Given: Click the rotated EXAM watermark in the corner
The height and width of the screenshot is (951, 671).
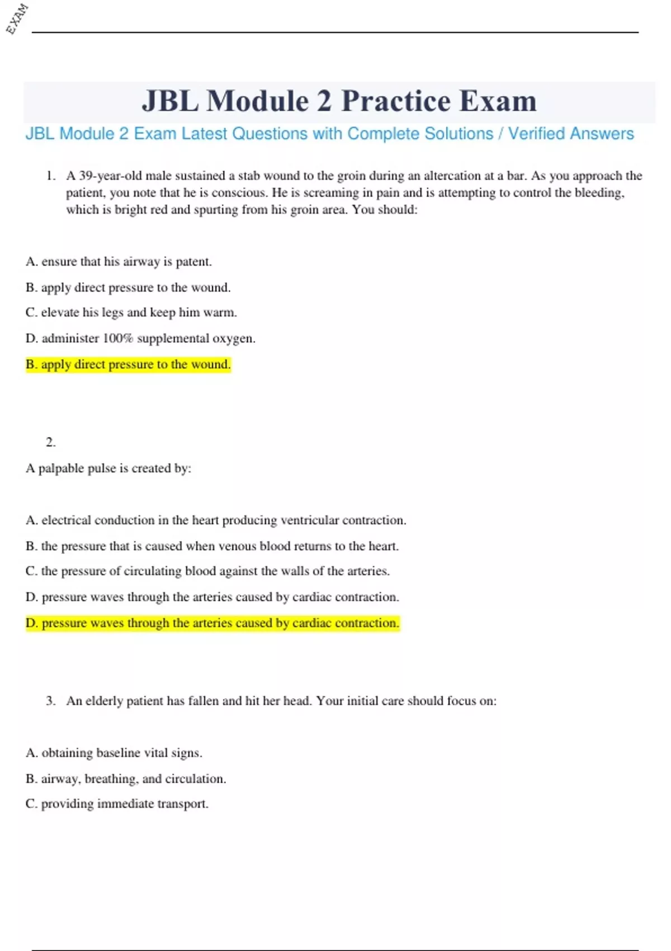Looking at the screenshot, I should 17,18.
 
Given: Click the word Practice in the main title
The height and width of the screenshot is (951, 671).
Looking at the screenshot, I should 396,101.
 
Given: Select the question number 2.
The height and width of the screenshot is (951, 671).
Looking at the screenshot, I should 50,442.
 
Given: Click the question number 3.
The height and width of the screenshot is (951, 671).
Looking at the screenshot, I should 51,701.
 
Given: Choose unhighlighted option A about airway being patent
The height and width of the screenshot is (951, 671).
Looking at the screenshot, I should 119,262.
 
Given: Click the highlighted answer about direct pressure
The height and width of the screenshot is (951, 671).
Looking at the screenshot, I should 128,365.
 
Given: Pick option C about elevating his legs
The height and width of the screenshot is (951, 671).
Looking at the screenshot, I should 131,313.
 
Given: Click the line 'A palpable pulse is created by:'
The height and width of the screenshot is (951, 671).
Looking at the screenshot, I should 108,468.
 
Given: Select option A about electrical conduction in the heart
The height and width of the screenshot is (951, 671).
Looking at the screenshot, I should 216,520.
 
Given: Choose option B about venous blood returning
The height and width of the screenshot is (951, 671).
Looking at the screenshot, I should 212,546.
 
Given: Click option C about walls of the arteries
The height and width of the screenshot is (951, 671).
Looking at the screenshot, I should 207,571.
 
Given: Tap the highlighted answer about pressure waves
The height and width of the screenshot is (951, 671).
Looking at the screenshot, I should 212,623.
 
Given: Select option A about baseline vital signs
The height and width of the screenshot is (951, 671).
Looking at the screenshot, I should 114,753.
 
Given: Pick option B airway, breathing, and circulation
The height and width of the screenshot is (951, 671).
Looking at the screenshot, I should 126,779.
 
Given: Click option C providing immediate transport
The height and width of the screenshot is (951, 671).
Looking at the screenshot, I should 117,804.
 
